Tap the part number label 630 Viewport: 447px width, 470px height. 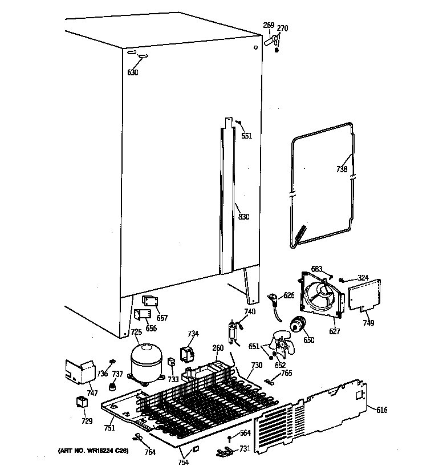point(132,72)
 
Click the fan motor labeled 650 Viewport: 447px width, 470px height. point(297,325)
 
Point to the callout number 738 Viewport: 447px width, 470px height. point(341,169)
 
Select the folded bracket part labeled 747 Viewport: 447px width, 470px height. point(79,372)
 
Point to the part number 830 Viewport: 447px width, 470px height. point(243,217)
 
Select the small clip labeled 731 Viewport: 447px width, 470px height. point(225,452)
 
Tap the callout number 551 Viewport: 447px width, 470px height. point(246,136)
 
